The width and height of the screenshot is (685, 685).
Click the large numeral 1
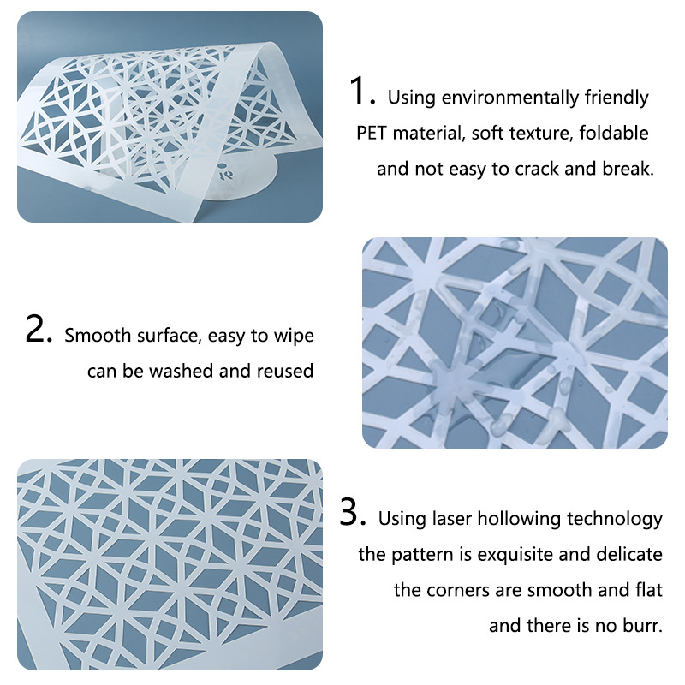pos(358,90)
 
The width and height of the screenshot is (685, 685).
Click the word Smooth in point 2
pos(98,335)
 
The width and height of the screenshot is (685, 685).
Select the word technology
pos(615,520)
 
